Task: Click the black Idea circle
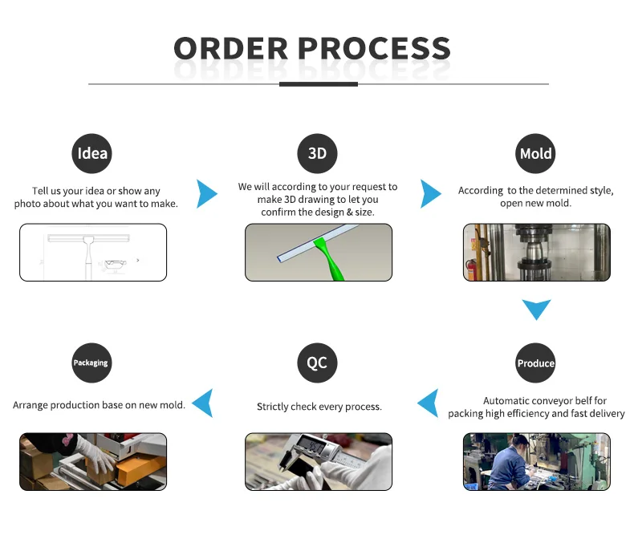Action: (x=91, y=153)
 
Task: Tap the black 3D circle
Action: (x=317, y=153)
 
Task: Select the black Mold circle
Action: (x=536, y=153)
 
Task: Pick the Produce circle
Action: (x=536, y=363)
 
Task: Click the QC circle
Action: (x=317, y=363)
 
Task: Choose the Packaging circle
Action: (x=91, y=363)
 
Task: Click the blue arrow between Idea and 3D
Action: (x=206, y=194)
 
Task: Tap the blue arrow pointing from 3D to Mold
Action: (x=430, y=194)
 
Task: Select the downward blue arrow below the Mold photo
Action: (x=536, y=309)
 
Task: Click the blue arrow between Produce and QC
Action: (x=429, y=403)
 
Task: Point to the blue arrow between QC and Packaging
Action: (x=203, y=403)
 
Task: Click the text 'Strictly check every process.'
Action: (x=319, y=407)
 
